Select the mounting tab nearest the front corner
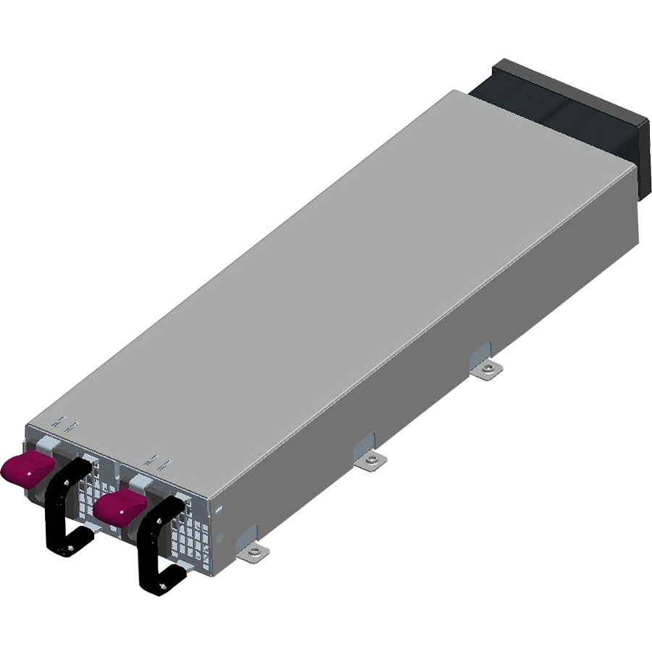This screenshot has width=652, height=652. click(x=254, y=552)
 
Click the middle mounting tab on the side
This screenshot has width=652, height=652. click(x=371, y=459)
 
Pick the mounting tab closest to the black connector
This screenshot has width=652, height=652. click(x=488, y=369)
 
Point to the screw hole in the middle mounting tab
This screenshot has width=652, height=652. click(x=372, y=459)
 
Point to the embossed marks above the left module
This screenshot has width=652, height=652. click(x=65, y=425)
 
